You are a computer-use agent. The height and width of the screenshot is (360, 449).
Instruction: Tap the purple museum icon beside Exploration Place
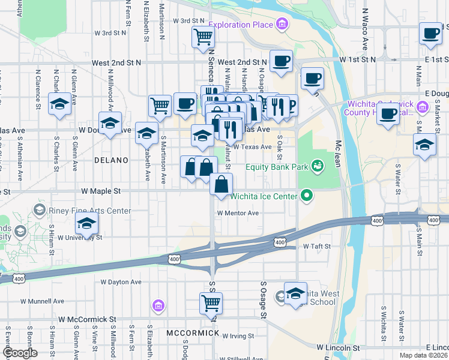pos(281,25)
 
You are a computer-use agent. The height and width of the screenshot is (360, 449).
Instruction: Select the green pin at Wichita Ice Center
pos(307,195)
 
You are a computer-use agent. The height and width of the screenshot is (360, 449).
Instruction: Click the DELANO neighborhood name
pos(110,160)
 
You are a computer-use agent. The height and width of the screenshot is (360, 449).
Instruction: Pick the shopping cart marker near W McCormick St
pos(211,303)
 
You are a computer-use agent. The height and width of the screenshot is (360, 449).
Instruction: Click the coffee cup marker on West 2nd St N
pos(281,61)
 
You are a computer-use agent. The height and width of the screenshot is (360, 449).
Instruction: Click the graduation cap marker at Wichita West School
pos(295,294)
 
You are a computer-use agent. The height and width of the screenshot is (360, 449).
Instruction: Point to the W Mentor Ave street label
pos(238,213)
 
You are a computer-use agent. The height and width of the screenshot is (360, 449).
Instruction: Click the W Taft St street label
pos(317,246)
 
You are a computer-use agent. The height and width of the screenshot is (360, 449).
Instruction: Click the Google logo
pos(19,353)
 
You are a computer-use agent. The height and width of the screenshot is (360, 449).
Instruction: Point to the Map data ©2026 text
pos(423,355)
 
